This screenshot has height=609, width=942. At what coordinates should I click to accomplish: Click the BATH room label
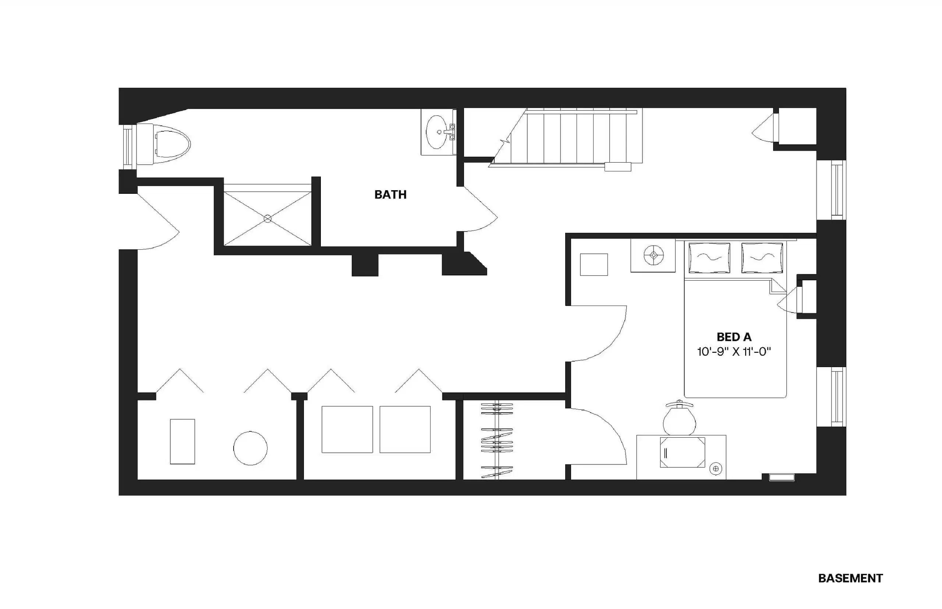[390, 195]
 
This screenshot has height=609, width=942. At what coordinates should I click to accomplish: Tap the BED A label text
[733, 337]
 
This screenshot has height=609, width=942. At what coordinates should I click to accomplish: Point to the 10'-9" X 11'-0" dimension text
[733, 352]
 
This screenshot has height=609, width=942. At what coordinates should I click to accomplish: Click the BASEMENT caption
[850, 578]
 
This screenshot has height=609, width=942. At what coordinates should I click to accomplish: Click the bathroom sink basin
[437, 132]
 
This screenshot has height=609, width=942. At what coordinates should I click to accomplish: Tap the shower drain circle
[268, 218]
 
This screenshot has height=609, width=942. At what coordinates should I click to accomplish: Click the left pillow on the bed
[709, 257]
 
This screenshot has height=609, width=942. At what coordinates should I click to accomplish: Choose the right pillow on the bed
[762, 257]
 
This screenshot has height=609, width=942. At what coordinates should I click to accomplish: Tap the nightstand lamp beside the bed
[653, 255]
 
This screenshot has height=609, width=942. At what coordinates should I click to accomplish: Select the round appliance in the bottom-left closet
[250, 448]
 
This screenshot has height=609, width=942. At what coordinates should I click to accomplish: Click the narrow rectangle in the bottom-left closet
[183, 441]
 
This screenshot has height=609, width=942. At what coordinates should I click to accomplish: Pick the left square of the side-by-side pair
[347, 429]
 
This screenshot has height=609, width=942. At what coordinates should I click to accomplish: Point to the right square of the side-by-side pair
[405, 429]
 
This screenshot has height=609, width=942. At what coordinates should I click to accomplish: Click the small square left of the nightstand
[594, 264]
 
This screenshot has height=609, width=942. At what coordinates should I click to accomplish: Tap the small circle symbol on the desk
[715, 469]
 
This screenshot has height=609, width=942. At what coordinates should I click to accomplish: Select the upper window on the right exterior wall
[835, 190]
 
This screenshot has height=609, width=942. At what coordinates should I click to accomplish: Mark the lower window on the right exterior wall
[835, 397]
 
